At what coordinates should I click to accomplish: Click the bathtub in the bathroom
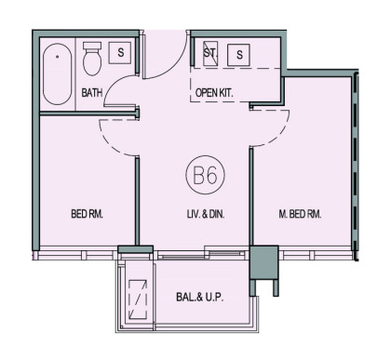58,73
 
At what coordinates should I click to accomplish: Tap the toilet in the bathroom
92,59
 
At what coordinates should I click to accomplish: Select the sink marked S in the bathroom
119,53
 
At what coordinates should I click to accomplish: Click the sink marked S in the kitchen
238,55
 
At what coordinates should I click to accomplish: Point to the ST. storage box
210,53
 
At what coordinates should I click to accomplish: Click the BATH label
91,93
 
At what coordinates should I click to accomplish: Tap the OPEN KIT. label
214,93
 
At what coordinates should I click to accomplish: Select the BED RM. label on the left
87,214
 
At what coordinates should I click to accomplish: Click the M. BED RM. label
300,214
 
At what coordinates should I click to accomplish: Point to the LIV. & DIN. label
206,214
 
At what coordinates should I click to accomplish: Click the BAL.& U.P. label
200,297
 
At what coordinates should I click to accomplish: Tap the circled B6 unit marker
205,175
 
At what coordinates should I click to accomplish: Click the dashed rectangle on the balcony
138,300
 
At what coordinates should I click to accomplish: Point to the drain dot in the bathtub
58,57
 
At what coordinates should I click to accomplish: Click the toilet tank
92,46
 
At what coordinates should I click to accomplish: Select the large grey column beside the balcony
263,262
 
